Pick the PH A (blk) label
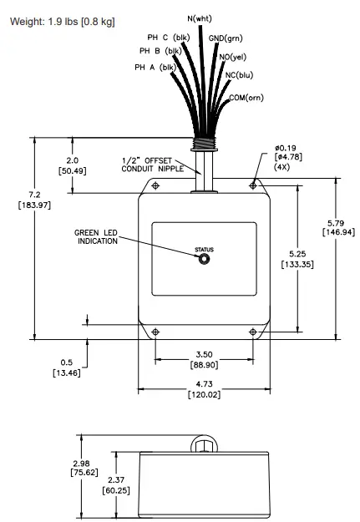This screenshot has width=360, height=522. pyautogui.click(x=157, y=68)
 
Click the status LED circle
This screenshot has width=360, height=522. pyautogui.click(x=204, y=259)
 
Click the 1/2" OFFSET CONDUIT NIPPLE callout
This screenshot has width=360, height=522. pyautogui.click(x=150, y=165)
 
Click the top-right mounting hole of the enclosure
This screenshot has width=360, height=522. pyautogui.click(x=252, y=185)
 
